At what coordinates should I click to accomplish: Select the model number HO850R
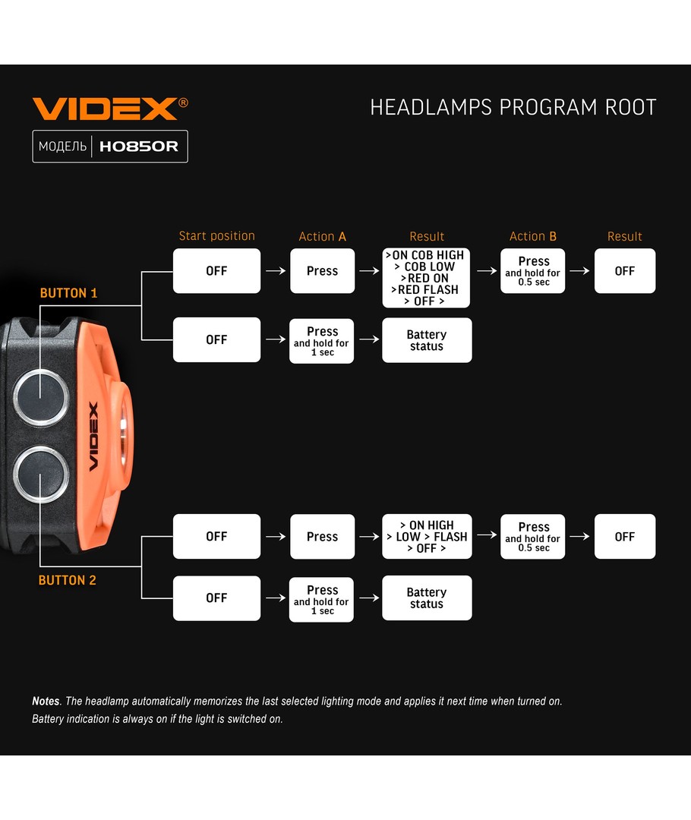pos(139,147)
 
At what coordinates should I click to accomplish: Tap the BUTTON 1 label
pos(68,293)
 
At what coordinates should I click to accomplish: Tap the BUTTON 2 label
pos(68,580)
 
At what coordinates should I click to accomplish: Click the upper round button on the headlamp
pos(39,396)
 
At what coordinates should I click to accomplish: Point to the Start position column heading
pos(216,236)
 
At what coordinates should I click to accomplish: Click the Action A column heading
pos(322,237)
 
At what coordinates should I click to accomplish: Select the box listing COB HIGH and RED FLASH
pos(426,278)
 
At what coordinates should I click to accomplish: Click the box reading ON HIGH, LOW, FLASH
pos(426,536)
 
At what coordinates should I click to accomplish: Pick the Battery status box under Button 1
pos(426,340)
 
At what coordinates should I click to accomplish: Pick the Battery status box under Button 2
pos(426,598)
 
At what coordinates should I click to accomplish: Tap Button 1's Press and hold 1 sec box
pos(322,341)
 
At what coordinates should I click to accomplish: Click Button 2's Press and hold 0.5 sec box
pos(532,536)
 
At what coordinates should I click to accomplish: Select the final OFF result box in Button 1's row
pos(624,271)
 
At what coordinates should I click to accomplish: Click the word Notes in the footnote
pos(46,702)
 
